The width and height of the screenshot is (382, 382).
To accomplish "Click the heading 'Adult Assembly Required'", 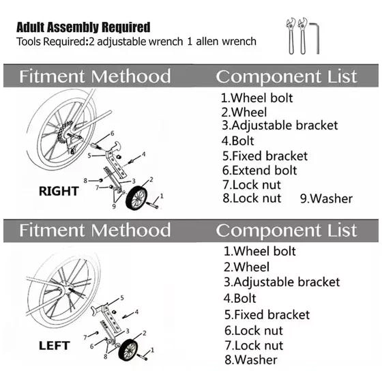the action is [x=83, y=27].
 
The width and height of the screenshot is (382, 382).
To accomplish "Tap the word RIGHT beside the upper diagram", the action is [x=59, y=191].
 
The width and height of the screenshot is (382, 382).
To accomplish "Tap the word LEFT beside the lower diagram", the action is [x=55, y=346].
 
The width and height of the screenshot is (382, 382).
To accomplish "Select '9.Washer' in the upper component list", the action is [x=326, y=199].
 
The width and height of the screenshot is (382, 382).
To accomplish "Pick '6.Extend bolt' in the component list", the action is [x=260, y=171].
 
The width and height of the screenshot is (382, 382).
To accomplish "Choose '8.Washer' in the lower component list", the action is [x=251, y=360].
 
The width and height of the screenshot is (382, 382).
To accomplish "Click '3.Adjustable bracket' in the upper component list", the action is [x=280, y=126].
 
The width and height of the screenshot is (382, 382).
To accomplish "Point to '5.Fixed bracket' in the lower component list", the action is [x=267, y=314].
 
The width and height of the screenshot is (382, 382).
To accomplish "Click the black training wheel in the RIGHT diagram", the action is [x=136, y=197].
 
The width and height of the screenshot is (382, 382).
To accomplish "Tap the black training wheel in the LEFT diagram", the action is [x=128, y=349].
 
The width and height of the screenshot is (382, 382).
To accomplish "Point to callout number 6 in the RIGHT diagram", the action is [x=113, y=133].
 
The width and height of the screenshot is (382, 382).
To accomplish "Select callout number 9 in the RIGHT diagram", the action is [x=114, y=206].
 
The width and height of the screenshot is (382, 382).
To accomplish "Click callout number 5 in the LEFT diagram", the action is [x=122, y=297].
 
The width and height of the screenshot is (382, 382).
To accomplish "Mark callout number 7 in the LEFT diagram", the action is [x=85, y=338].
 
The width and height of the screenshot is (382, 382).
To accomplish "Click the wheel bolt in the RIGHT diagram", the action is [x=152, y=205].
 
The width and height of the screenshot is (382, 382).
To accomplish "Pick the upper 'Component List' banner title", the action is [x=286, y=76].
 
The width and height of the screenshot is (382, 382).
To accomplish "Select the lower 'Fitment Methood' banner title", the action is [x=95, y=230].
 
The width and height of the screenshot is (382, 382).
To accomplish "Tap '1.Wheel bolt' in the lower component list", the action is [x=260, y=251].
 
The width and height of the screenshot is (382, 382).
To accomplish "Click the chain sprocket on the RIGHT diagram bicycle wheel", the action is [x=64, y=133].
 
